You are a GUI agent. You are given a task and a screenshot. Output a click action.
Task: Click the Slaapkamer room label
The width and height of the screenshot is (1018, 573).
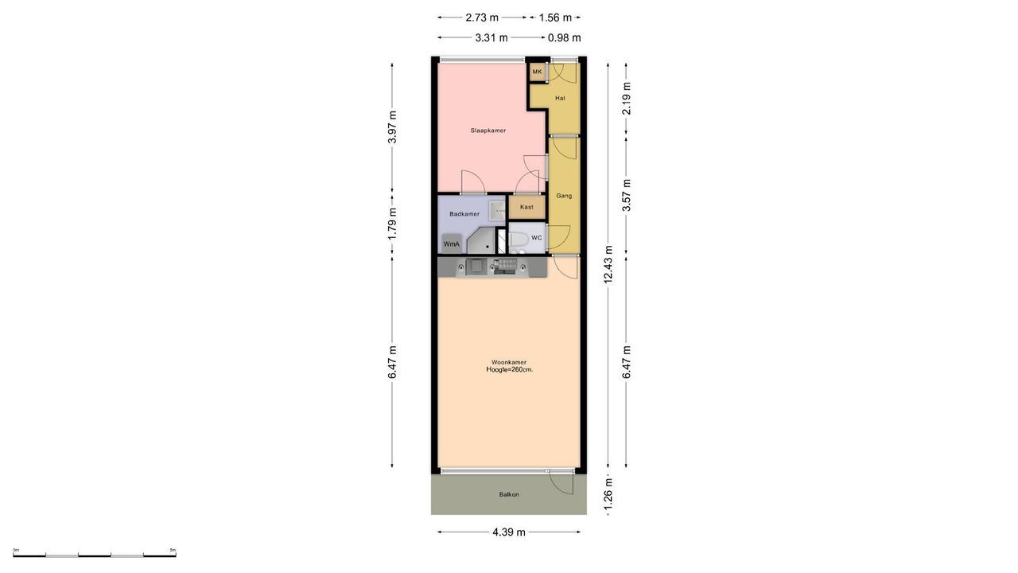click(488, 131)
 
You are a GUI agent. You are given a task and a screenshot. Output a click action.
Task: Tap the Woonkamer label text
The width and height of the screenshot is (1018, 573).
click(509, 362)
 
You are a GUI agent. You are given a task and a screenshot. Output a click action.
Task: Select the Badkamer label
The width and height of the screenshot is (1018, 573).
click(464, 214)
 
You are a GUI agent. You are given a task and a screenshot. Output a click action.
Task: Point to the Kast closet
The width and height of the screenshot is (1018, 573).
click(526, 207)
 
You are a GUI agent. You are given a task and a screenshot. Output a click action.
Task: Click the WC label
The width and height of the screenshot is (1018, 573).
click(537, 238)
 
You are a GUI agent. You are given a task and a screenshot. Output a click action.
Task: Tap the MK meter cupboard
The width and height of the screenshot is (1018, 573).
click(538, 72)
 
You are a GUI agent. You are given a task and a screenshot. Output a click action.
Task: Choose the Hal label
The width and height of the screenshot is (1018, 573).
click(560, 99)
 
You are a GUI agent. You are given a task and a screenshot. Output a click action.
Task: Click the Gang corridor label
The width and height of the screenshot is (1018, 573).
click(564, 196)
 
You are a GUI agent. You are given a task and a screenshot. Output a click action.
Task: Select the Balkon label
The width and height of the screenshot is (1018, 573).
click(509, 495)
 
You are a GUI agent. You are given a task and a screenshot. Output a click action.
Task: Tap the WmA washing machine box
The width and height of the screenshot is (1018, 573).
click(451, 244)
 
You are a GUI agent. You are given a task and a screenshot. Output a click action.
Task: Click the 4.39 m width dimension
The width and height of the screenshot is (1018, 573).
click(509, 532)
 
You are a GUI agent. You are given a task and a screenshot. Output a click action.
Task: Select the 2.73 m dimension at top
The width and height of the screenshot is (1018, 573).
click(482, 18)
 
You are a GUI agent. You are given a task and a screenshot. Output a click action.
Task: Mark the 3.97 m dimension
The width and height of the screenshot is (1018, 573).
click(392, 127)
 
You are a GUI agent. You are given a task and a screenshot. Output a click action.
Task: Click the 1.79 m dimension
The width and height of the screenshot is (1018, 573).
click(392, 224)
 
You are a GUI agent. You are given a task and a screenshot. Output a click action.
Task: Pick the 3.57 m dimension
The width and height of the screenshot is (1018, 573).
click(627, 195)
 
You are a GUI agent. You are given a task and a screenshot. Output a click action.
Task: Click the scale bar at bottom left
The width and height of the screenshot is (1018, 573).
click(95, 554)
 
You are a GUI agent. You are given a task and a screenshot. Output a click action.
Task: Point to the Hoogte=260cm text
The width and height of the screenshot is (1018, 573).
click(509, 370)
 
